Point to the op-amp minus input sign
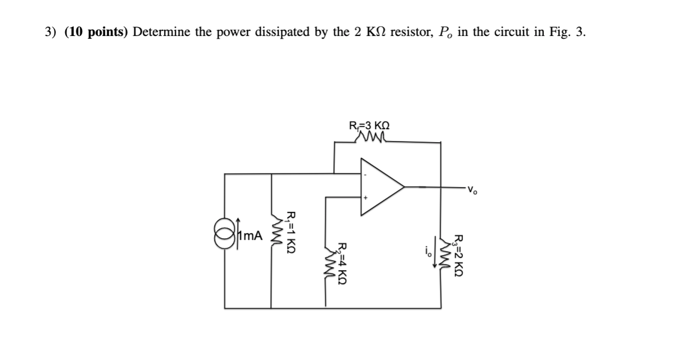[365, 175]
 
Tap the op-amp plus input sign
[365, 198]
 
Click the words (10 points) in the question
[96, 32]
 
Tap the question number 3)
[52, 32]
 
